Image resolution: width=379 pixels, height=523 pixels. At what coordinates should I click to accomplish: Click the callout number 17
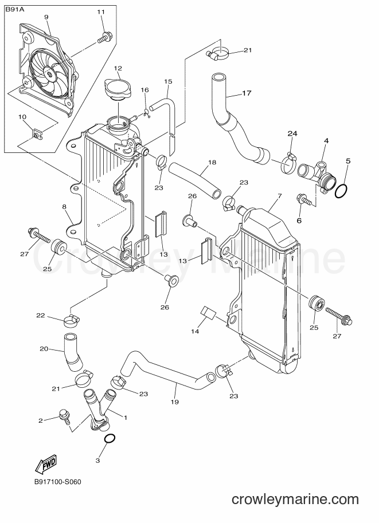click(247, 93)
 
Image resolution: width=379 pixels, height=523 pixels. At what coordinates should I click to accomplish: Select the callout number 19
click(175, 402)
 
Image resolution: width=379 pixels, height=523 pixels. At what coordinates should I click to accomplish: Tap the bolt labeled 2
click(64, 416)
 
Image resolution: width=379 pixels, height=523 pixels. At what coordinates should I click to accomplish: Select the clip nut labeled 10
click(36, 135)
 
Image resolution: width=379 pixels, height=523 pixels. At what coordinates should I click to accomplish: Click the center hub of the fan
click(49, 74)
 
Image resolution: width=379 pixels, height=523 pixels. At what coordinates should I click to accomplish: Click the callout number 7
click(279, 195)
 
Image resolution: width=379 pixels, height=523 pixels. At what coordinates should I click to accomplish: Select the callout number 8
click(64, 207)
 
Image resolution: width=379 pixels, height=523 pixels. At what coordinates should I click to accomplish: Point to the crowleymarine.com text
click(295, 499)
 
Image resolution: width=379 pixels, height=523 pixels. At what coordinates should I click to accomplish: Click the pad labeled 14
click(208, 313)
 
